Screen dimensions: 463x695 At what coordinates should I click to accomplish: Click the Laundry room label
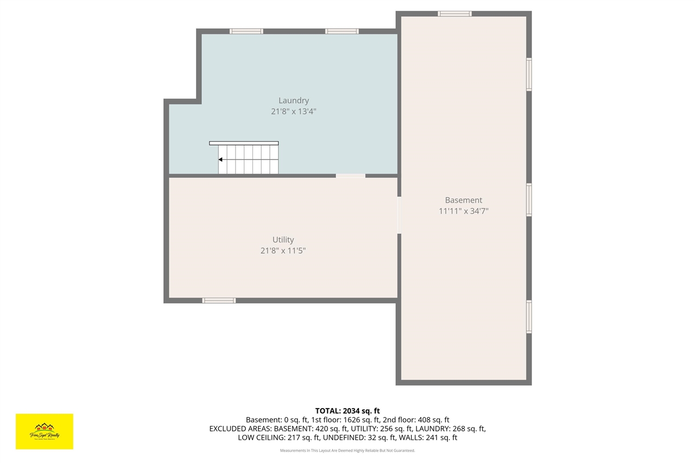click(293, 100)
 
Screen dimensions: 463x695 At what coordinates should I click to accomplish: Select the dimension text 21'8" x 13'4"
click(293, 112)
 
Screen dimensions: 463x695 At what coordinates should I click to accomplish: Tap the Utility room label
click(283, 240)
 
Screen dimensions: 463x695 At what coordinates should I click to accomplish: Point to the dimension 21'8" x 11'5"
click(283, 251)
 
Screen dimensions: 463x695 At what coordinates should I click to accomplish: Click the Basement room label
click(463, 200)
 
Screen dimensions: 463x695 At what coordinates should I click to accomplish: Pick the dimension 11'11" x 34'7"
click(463, 211)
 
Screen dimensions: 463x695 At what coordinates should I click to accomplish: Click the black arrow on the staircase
click(220, 160)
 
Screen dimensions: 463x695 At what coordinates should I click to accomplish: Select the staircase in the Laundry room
click(247, 158)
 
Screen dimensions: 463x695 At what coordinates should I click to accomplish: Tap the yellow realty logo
click(45, 432)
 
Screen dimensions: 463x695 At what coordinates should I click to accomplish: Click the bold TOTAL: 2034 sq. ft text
click(347, 411)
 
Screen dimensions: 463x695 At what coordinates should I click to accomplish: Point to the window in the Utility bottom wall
click(219, 300)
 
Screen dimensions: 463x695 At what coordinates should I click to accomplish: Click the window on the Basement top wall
click(454, 14)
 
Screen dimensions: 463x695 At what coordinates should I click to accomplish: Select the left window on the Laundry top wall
click(246, 31)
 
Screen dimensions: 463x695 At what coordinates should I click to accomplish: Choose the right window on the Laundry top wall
click(342, 31)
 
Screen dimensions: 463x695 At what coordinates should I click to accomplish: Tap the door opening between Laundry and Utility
click(350, 175)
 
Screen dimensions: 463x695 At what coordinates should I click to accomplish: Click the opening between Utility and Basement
click(399, 215)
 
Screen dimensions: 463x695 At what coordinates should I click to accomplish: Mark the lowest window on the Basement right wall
click(529, 316)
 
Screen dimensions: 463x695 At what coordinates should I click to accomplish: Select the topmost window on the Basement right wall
click(529, 74)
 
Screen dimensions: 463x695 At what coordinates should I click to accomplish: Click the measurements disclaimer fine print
click(347, 451)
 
